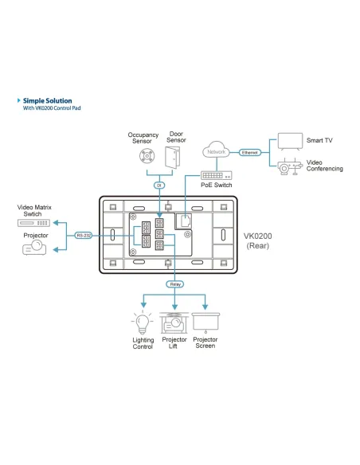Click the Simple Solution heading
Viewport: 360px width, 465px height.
47,101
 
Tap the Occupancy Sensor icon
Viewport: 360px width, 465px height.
146,155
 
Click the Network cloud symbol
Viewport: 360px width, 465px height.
216,150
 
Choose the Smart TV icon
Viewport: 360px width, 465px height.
289,142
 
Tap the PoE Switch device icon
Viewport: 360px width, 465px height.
215,175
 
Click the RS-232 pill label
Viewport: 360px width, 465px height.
83,236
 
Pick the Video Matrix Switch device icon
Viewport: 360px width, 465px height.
33,222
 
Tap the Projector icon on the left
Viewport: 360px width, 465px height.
34,249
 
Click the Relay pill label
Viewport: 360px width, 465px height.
174,284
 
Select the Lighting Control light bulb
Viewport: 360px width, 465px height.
142,323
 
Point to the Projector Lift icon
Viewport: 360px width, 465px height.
174,322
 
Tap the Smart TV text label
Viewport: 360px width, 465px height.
320,141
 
